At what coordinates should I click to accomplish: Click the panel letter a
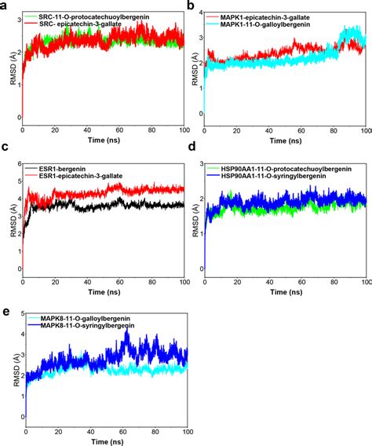point(5,5)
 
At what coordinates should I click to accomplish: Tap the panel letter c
point(5,150)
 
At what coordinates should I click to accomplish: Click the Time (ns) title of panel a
point(101,141)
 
